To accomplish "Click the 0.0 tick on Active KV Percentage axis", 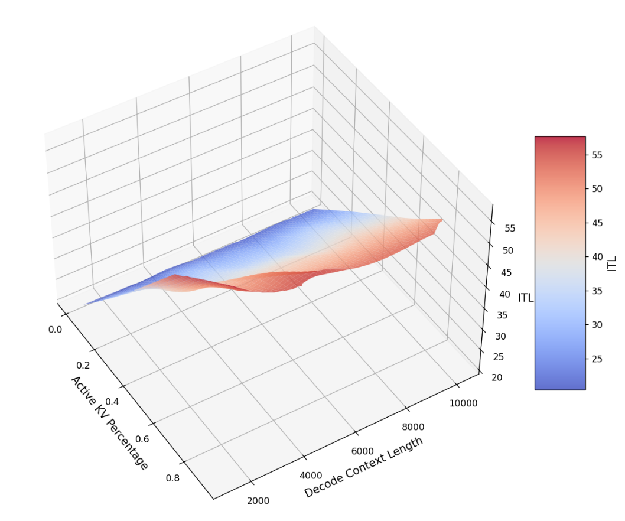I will tap(54, 329).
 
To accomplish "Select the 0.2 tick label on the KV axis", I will tap(83, 366).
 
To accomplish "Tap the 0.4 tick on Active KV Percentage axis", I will tap(112, 402).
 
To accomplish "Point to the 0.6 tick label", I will tap(142, 438).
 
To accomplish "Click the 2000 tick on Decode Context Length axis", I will tap(258, 500).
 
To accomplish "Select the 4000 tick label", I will tap(311, 476).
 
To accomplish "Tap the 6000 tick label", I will tap(363, 451).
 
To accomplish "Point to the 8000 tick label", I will tap(413, 427).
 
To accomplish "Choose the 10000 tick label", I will tap(464, 403).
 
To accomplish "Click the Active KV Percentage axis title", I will tap(110, 422).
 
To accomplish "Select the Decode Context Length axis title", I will tap(364, 467).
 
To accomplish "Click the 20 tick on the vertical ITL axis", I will tap(497, 377).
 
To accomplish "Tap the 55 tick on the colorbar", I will tap(597, 155).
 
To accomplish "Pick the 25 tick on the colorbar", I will tap(597, 359).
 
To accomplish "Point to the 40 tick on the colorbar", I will tap(597, 257).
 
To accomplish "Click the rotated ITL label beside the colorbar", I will tap(612, 263).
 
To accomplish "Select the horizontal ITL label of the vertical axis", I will tap(526, 298).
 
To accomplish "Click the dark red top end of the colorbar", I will tap(560, 141).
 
